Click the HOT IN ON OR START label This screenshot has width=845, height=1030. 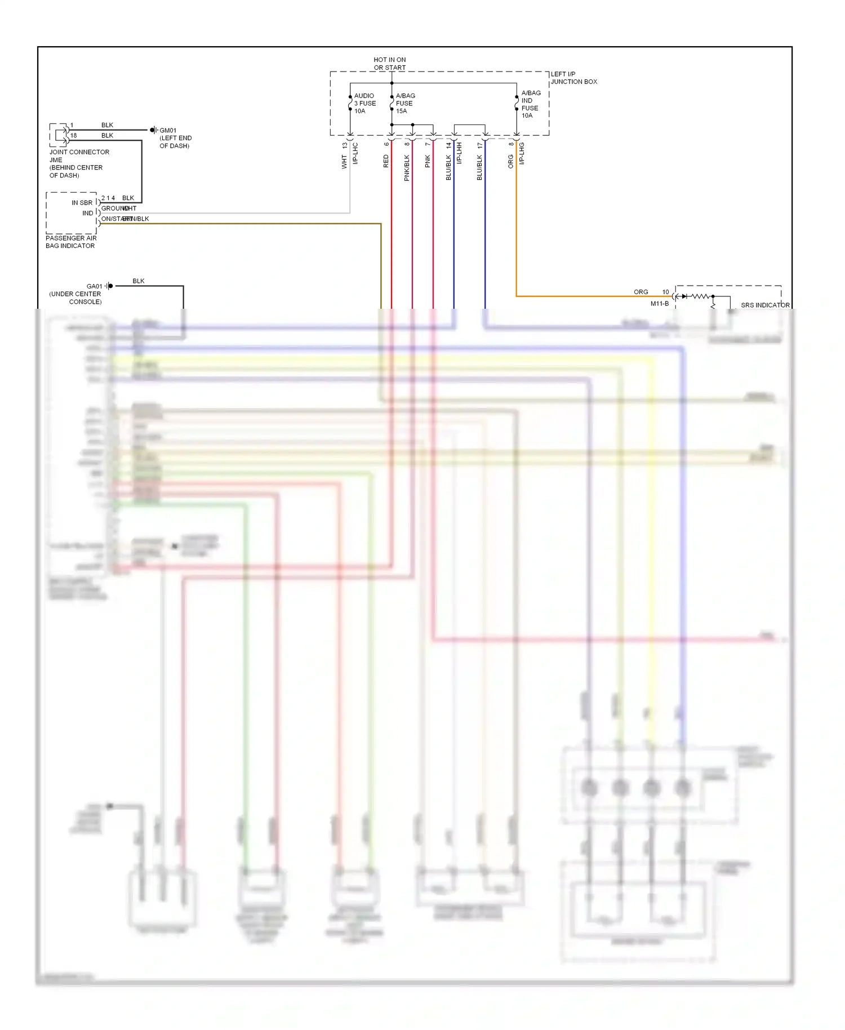click(x=389, y=64)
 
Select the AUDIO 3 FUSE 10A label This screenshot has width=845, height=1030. click(x=364, y=104)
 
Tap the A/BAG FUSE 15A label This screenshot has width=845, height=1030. click(x=405, y=104)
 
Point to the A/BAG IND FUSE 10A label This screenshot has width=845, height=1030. click(x=530, y=104)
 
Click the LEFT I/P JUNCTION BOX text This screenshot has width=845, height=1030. click(x=573, y=78)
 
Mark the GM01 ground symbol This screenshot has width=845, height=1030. click(x=153, y=130)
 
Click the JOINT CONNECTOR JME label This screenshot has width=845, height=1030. click(x=79, y=156)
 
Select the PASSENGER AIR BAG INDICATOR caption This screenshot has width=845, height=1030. click(x=71, y=242)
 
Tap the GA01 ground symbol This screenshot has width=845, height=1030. click(x=109, y=286)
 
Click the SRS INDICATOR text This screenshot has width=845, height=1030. click(x=764, y=305)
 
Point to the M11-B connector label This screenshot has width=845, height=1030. click(x=659, y=304)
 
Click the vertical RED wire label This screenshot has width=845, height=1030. click(x=386, y=162)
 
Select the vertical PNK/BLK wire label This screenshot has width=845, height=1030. click(x=407, y=168)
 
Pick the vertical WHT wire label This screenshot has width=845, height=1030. click(x=344, y=163)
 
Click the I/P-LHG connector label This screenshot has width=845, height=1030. click(x=522, y=153)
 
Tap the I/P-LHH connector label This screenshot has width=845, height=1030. click(x=459, y=153)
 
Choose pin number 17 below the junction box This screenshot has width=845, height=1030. click(x=480, y=145)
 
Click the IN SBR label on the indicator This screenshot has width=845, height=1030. click(x=82, y=203)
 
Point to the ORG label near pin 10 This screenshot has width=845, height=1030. click(x=641, y=292)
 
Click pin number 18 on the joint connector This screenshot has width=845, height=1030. click(x=73, y=136)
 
